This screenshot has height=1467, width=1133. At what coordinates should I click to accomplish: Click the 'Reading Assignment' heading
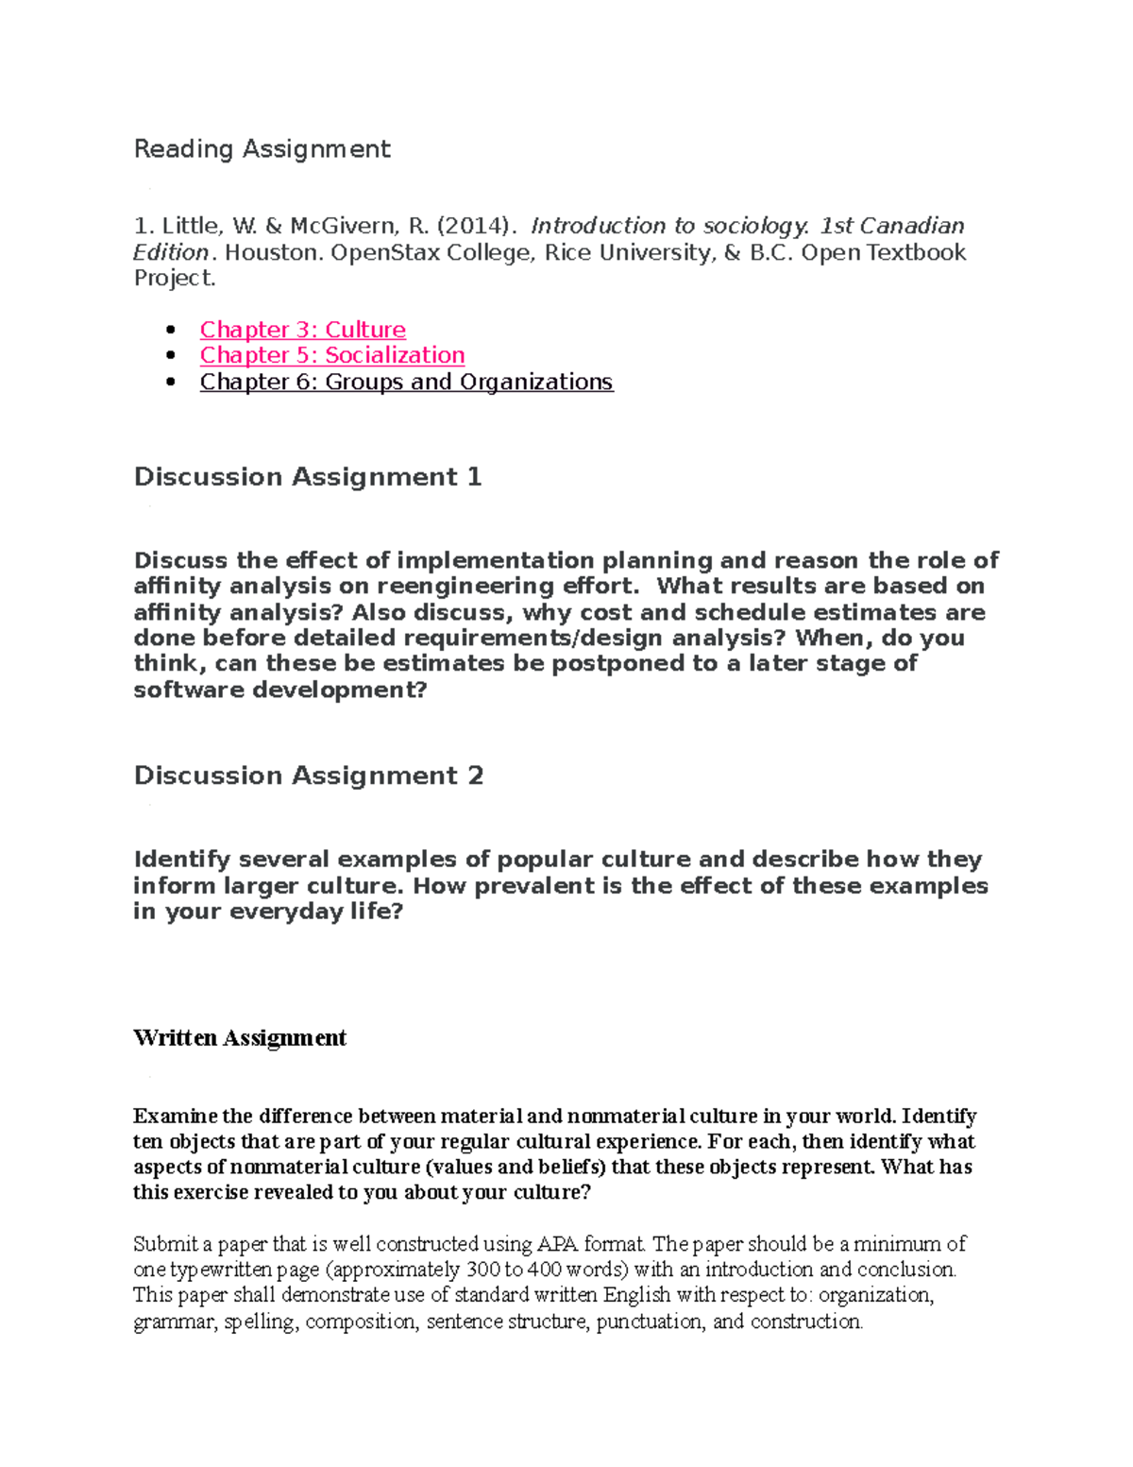262,149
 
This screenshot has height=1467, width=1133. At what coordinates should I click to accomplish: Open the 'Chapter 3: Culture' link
302,330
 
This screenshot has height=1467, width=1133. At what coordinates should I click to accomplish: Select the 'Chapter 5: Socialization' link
331,355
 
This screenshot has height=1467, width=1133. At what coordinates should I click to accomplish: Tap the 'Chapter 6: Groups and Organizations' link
406,382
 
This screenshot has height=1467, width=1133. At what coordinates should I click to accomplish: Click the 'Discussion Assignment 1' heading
308,477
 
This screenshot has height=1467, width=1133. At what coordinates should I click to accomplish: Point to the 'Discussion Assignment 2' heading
308,776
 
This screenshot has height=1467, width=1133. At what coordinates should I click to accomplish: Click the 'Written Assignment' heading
240,1038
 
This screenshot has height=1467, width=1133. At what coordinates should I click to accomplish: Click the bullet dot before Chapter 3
171,331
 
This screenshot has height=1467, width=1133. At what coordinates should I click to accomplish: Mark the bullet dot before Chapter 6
171,383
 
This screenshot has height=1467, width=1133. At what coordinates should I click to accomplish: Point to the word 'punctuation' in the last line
650,1322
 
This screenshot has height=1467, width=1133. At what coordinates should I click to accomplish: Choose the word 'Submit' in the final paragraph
161,1244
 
